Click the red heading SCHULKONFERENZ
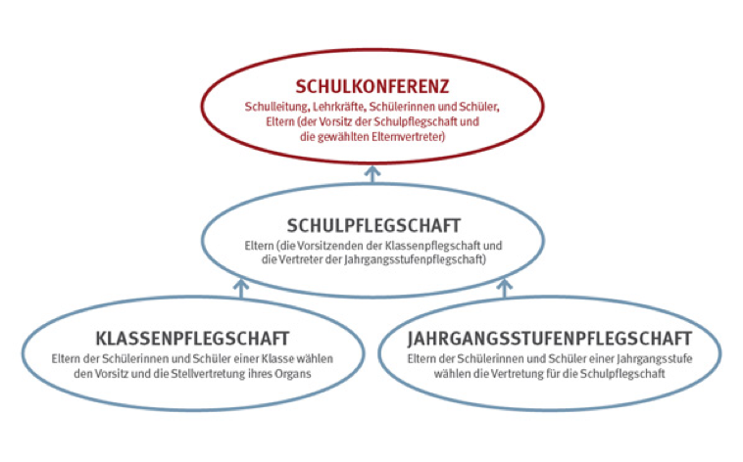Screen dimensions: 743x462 [x=371, y=86]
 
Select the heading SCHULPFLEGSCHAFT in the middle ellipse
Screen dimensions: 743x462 [x=373, y=225]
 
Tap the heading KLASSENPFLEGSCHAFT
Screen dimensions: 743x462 [x=192, y=339]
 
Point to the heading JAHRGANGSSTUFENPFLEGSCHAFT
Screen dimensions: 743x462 [x=550, y=339]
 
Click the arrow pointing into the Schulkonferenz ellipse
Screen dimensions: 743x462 [x=372, y=174]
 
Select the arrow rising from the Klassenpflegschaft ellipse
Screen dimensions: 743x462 [x=241, y=289]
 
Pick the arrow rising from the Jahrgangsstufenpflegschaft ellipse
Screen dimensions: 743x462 [x=505, y=289]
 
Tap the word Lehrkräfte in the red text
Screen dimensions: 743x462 [x=339, y=107]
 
